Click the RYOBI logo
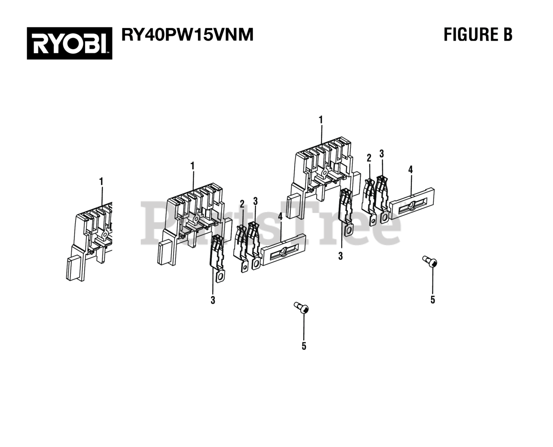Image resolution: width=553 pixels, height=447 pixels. point(70,43)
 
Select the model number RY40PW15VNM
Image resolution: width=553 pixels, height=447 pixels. point(187,35)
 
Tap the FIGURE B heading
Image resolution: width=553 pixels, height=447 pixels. point(478,35)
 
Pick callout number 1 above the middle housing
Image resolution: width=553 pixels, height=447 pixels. point(192,166)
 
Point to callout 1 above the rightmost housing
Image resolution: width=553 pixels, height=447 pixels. point(321,120)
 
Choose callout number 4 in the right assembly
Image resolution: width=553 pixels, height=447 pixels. point(410,170)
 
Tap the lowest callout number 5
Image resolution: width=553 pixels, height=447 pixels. point(304,346)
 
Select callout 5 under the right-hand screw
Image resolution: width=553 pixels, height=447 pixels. point(432,299)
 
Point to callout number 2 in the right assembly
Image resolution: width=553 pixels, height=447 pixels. point(369,158)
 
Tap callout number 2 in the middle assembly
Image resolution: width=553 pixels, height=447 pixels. point(242,203)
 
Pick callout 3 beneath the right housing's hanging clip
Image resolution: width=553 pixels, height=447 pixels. point(340,256)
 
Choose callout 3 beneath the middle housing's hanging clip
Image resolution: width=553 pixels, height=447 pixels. point(213,300)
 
